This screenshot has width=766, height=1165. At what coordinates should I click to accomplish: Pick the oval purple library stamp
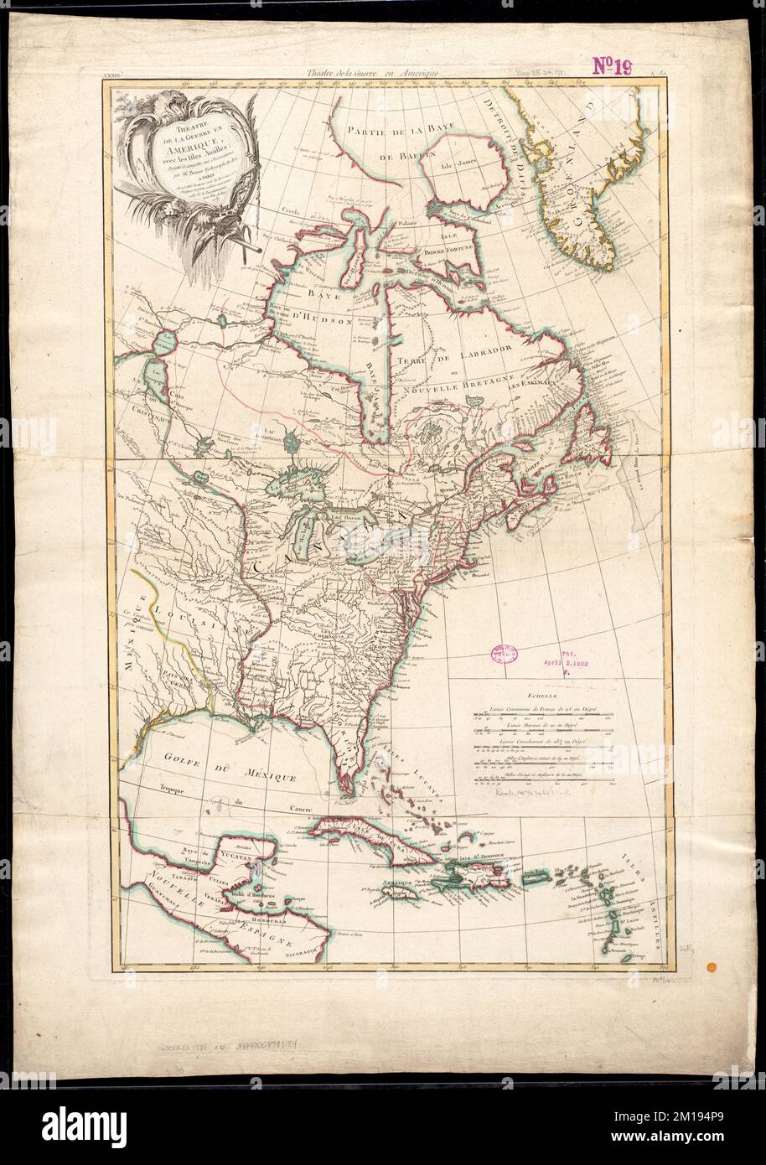click(504, 656)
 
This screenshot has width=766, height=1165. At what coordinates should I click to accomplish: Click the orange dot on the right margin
click(712, 967)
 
